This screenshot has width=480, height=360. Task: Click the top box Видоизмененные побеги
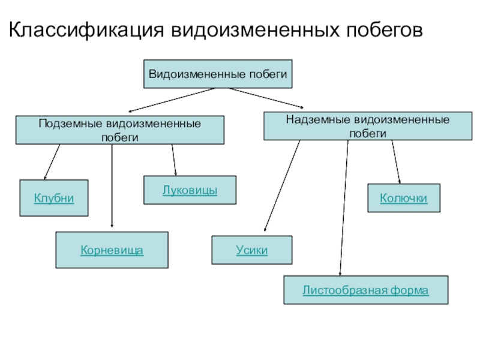click(219, 74)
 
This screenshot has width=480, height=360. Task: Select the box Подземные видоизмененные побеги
click(119, 130)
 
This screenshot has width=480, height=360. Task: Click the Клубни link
click(54, 198)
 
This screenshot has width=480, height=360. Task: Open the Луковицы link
click(190, 190)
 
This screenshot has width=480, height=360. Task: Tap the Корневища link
click(112, 250)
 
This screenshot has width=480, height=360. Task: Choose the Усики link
click(252, 250)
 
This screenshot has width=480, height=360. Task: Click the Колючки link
click(404, 198)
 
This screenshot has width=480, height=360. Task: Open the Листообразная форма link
click(365, 290)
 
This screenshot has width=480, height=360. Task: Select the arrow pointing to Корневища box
click(112, 186)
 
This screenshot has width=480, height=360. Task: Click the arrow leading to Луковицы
click(174, 160)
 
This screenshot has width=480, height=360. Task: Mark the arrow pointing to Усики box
click(281, 186)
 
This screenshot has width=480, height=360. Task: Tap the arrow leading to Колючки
click(397, 162)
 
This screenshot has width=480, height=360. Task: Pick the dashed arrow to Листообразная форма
click(344, 210)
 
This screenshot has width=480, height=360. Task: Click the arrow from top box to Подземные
click(171, 100)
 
